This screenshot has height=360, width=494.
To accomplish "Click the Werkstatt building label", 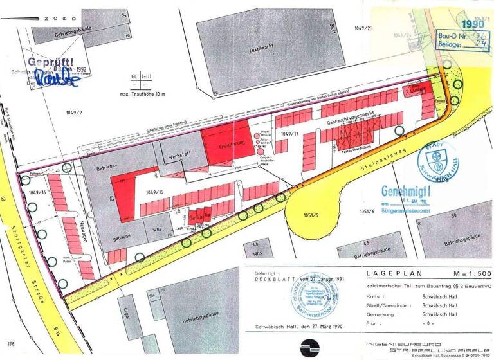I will point(177,156).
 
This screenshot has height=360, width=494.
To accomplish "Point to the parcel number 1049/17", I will point(289,134).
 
